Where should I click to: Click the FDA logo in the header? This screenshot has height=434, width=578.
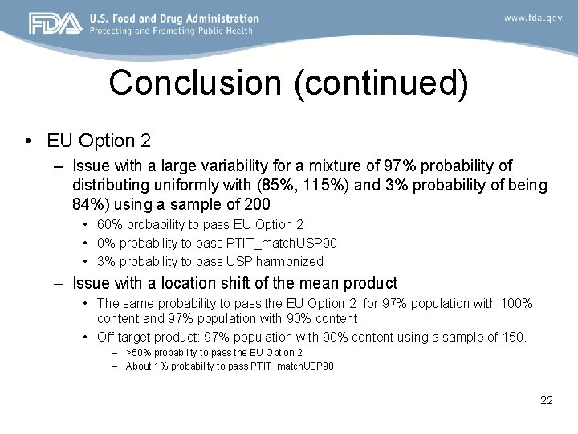[x=55, y=23]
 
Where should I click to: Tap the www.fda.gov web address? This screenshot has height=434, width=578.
[x=533, y=18]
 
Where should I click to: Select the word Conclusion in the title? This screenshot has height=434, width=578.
[x=196, y=83]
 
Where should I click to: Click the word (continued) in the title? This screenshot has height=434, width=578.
[x=381, y=83]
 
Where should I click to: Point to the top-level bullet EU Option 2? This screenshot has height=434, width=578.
[x=99, y=141]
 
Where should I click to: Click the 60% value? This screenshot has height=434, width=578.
[x=109, y=225]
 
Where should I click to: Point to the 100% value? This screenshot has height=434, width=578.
[x=515, y=303]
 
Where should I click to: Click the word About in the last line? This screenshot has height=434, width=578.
[x=138, y=366]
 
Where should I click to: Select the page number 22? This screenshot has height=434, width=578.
[x=546, y=400]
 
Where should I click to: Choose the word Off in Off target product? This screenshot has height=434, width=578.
[x=106, y=337]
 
